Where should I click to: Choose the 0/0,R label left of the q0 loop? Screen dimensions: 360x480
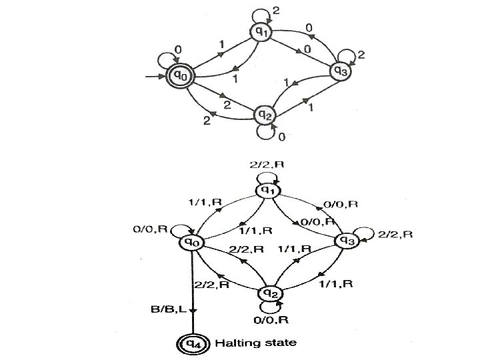coord(151,229)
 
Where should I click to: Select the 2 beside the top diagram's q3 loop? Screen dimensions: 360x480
coord(361,56)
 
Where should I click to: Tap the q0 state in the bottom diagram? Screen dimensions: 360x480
coord(192,243)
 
